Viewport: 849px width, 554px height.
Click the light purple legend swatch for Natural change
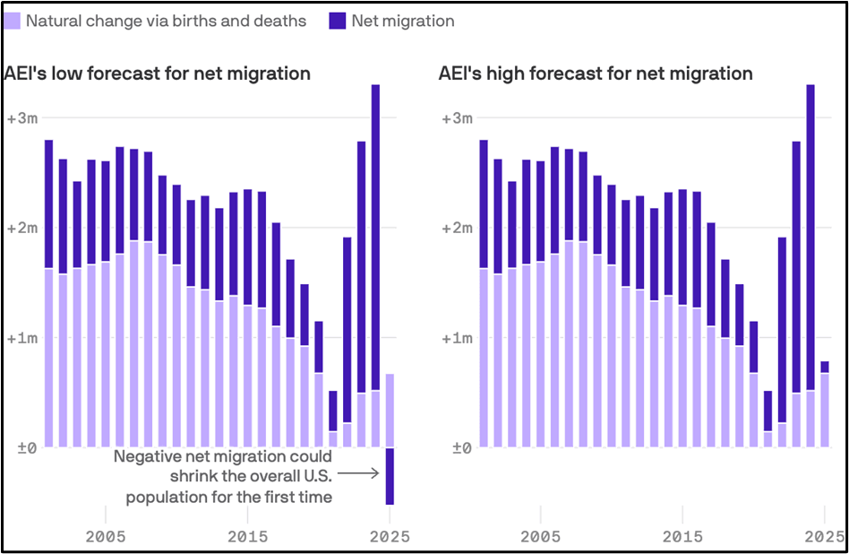[x=13, y=20]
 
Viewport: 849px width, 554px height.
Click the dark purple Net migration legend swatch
[x=338, y=20]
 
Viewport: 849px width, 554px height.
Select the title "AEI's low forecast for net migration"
[x=158, y=74]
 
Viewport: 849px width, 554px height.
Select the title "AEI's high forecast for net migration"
[x=596, y=74]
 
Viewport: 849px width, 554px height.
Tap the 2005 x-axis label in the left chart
[x=106, y=537]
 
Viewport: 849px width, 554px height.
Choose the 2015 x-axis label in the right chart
[x=683, y=537]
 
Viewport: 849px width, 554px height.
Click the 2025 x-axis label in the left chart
[x=390, y=537]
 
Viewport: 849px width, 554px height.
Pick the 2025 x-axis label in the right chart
[x=824, y=537]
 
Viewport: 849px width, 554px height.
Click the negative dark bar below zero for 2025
[x=390, y=476]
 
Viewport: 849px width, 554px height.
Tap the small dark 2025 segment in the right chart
[x=824, y=367]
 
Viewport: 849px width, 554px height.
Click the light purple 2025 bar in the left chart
[x=390, y=410]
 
